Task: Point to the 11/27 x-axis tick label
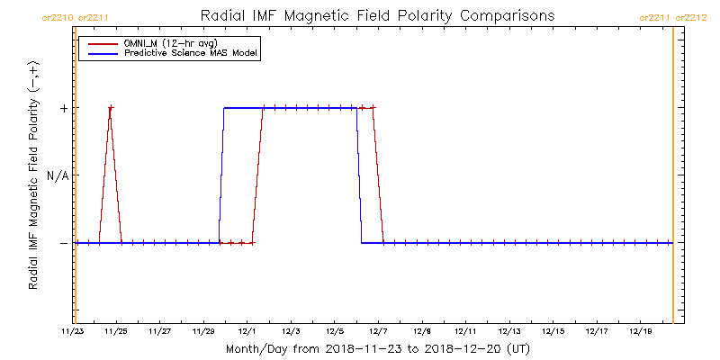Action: point(160,330)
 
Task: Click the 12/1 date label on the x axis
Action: point(247,330)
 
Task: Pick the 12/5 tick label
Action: point(335,330)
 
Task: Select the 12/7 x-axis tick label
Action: point(378,330)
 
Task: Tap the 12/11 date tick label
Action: point(465,330)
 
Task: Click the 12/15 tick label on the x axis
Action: point(553,330)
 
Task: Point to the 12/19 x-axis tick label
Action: point(640,330)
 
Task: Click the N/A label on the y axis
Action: point(58,175)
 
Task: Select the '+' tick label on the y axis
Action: point(63,108)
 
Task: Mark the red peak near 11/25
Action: point(110,108)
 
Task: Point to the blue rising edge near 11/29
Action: point(221,175)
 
